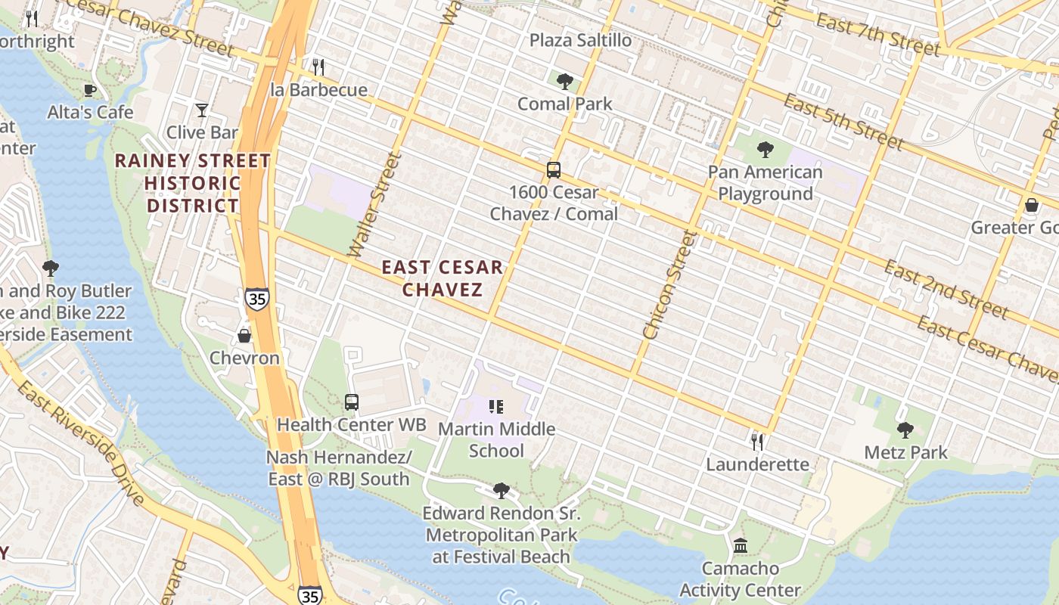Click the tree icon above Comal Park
click(x=564, y=82)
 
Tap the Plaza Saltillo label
click(x=580, y=40)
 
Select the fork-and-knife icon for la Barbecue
click(x=318, y=67)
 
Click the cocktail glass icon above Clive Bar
click(x=201, y=110)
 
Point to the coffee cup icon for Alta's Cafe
click(x=90, y=91)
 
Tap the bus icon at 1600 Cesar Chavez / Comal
click(x=554, y=170)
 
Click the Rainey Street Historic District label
click(x=192, y=183)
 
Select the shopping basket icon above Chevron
click(x=244, y=336)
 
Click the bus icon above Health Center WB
click(x=352, y=402)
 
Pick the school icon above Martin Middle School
click(x=496, y=407)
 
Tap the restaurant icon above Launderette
click(x=756, y=442)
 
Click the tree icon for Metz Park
click(x=905, y=431)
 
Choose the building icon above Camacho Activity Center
click(x=741, y=545)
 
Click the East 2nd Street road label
click(x=946, y=290)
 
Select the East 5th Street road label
click(x=843, y=122)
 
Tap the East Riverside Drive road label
click(x=79, y=443)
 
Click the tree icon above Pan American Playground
click(x=765, y=150)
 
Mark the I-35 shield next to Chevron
click(x=257, y=298)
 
